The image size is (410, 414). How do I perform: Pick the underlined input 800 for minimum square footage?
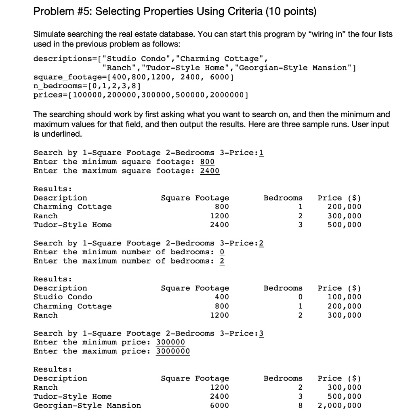tap(207, 162)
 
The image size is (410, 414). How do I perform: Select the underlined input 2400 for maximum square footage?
tap(210, 171)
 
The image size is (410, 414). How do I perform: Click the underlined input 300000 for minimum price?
tap(170, 342)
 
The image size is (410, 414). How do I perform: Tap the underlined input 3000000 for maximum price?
tap(173, 351)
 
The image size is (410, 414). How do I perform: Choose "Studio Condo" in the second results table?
tap(63, 297)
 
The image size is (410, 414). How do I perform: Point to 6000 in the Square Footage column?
tap(219, 405)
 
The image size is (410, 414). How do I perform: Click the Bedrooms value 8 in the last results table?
tap(300, 405)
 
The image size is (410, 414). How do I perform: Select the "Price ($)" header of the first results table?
tap(339, 198)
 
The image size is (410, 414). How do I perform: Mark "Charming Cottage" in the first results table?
tap(72, 207)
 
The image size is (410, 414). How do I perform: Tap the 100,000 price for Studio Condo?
tap(344, 297)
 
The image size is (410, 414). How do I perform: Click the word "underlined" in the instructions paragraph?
tap(58, 133)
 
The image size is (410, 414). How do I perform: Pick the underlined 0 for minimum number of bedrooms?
tap(222, 252)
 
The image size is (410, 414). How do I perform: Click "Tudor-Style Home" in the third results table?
tap(72, 396)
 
